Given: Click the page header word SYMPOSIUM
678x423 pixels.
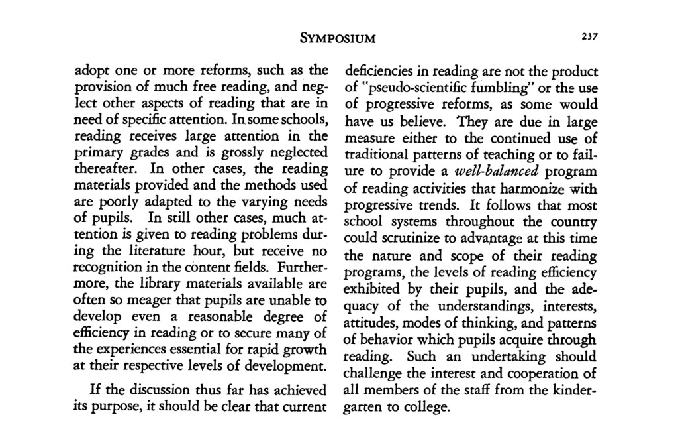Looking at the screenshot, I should [338, 38].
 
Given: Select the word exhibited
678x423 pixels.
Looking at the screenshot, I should [373, 289].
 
